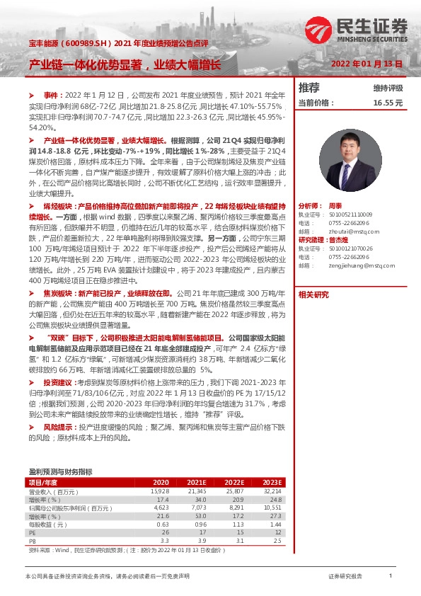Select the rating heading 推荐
tap(309, 88)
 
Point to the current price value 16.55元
tap(388, 103)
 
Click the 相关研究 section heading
tap(313, 294)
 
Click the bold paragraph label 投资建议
tap(57, 382)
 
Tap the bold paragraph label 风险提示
tap(57, 428)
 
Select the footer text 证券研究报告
tap(345, 578)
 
